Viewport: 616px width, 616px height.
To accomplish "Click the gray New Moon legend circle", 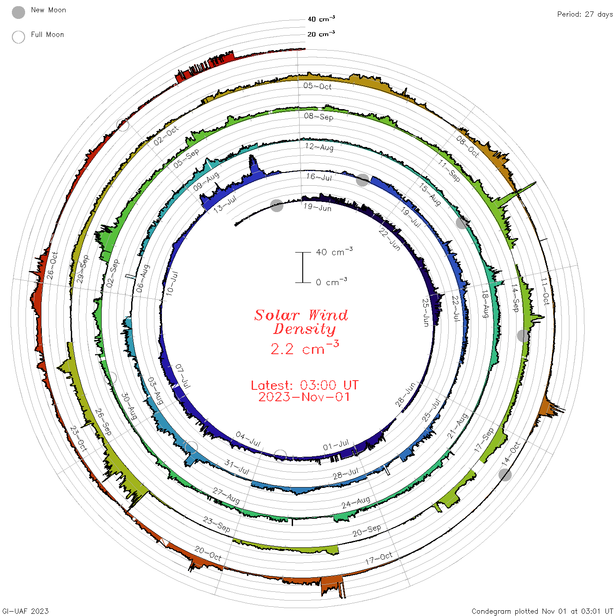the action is coord(18,12).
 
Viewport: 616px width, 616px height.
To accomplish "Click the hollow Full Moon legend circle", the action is coord(18,37).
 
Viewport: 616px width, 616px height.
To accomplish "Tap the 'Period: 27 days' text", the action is coord(585,15).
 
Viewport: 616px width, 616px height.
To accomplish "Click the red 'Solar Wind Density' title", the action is coord(301,322).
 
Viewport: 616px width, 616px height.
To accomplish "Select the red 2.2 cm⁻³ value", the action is coord(304,348).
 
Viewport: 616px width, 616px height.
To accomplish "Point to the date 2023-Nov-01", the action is coord(304,397).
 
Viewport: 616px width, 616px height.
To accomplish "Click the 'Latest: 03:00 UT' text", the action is coord(304,385).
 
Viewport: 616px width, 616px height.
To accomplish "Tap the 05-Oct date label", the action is coord(317,86).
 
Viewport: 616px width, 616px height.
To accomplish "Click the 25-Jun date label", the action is coord(425,312).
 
